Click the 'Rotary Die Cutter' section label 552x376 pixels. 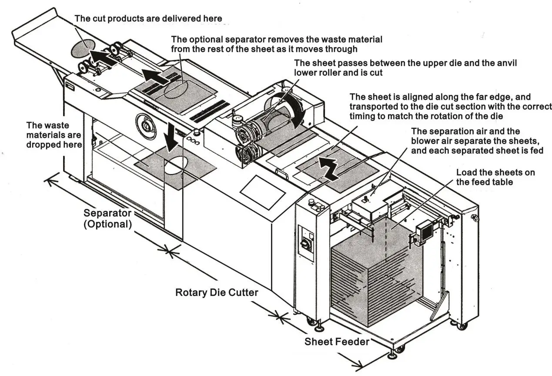(x=216, y=292)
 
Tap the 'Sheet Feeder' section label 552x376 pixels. (x=337, y=341)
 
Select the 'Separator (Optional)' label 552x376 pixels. (x=107, y=219)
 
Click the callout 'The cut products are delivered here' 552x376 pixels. (x=148, y=18)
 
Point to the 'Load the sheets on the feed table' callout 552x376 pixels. (x=495, y=177)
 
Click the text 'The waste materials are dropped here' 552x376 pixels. (x=54, y=134)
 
